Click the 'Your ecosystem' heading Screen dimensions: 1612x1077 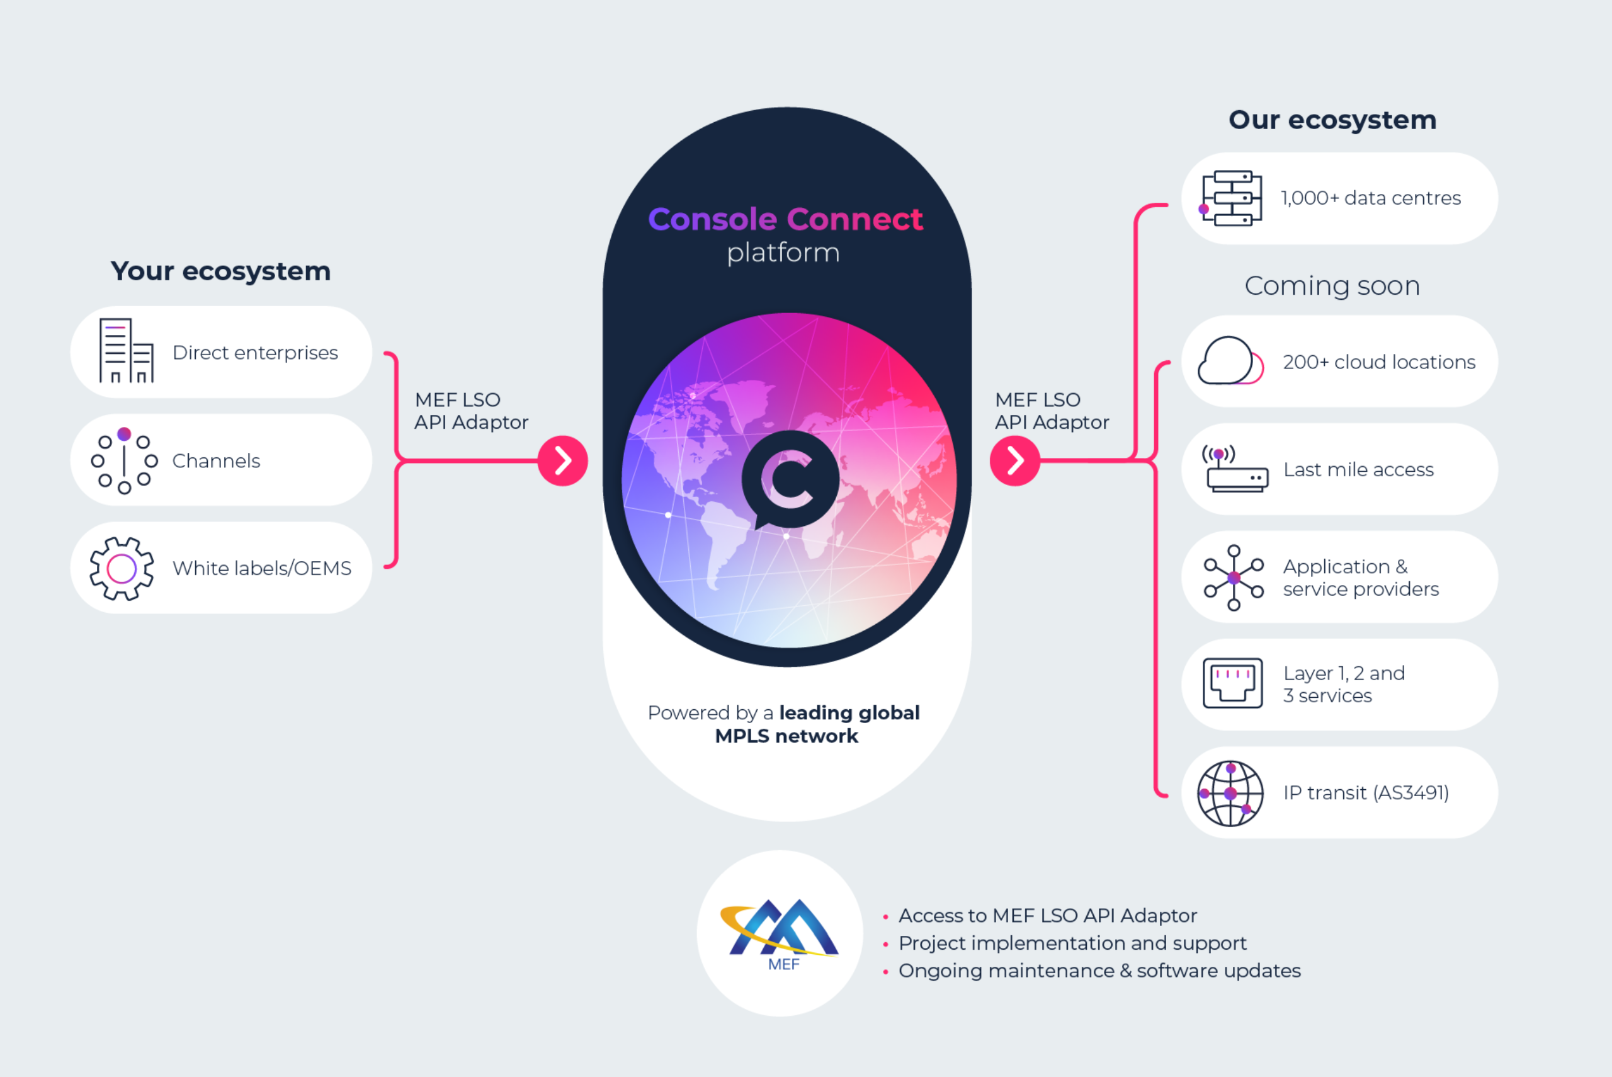(x=220, y=271)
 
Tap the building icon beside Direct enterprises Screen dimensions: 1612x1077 (x=127, y=350)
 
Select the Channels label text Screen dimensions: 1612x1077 (x=216, y=460)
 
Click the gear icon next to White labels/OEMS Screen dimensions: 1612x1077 (x=122, y=569)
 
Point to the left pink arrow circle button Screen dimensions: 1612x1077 (x=563, y=460)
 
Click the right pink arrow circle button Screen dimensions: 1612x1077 (x=1014, y=460)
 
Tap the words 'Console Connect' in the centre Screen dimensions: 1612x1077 (x=785, y=219)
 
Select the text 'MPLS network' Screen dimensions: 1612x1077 (x=786, y=736)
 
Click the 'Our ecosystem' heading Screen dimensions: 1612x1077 (x=1332, y=120)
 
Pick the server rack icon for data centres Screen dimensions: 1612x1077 (x=1232, y=198)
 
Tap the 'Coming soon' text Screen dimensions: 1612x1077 (x=1332, y=286)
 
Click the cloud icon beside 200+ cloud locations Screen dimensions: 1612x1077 (x=1230, y=361)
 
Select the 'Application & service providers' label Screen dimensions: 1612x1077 (x=1361, y=578)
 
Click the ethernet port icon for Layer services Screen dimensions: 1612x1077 (x=1232, y=683)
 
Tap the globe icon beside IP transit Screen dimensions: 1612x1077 (x=1230, y=794)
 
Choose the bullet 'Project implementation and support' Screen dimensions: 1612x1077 (x=1072, y=943)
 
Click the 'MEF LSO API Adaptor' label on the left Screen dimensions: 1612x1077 (x=471, y=411)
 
